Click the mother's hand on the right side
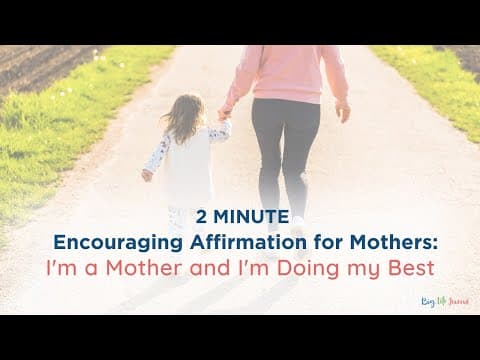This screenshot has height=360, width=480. pyautogui.click(x=343, y=112)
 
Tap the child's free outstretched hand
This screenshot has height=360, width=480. pyautogui.click(x=147, y=175)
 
